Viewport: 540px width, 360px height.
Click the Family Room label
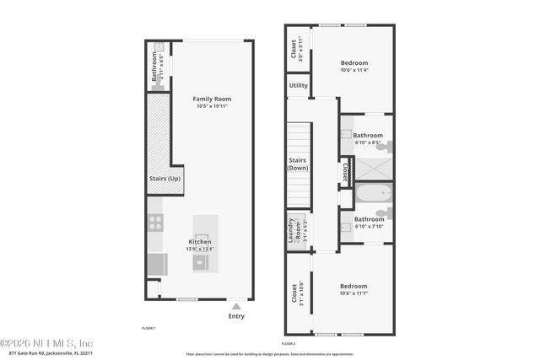click(x=212, y=99)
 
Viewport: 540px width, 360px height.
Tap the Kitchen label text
click(x=200, y=242)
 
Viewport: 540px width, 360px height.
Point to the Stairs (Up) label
click(x=165, y=179)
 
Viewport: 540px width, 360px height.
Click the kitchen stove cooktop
click(x=156, y=223)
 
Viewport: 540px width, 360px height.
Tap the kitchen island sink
click(x=200, y=261)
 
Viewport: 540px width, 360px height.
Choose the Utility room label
click(x=298, y=85)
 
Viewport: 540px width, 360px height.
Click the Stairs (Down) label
click(x=298, y=164)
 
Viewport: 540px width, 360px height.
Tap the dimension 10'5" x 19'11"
click(x=212, y=107)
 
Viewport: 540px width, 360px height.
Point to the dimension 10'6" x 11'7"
click(x=354, y=293)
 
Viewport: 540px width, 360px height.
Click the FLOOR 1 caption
click(x=148, y=328)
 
